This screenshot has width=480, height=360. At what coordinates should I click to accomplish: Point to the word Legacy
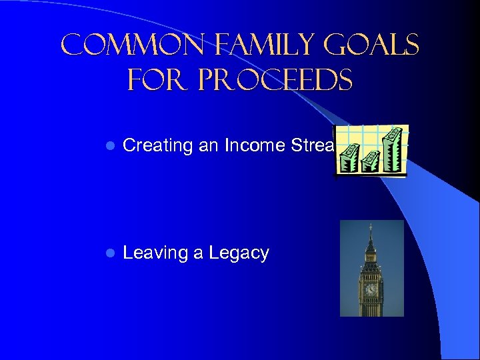239,253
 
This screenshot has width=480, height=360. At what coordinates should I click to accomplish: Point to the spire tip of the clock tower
371,227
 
